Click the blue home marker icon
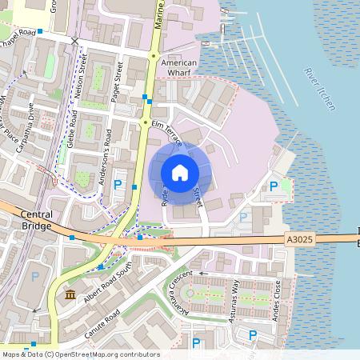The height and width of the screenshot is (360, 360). pos(180,173)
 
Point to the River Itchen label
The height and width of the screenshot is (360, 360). pos(320,89)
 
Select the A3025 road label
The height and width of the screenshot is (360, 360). pos(298,238)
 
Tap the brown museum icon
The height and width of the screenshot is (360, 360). pos(70,297)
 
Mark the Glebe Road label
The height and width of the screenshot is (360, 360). pos(73,130)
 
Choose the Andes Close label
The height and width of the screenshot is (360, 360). pos(278,298)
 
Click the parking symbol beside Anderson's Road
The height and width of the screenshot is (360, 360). pos(118,185)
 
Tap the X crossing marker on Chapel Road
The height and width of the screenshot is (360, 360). pos(75,40)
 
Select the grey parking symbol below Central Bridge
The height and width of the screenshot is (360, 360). pos(34,276)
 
